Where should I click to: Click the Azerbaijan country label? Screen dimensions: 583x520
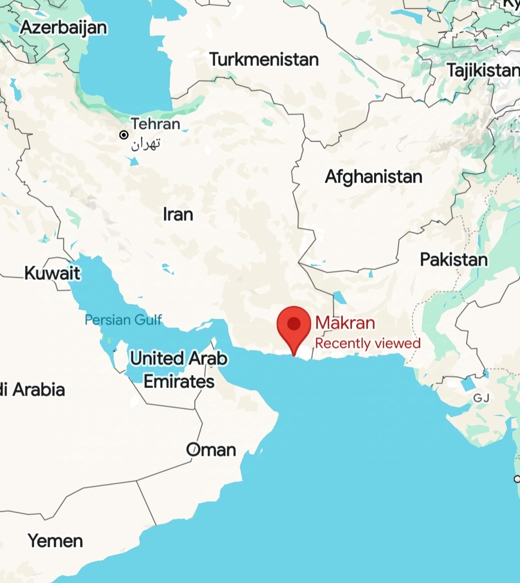(x=64, y=27)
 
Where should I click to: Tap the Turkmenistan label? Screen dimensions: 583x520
(x=264, y=60)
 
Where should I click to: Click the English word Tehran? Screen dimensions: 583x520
(x=156, y=124)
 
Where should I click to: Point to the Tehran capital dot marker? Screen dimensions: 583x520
(x=124, y=135)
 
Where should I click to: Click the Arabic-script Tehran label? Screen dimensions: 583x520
(x=145, y=143)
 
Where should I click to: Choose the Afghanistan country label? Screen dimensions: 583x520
(x=374, y=177)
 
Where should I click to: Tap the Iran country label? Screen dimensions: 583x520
(x=178, y=214)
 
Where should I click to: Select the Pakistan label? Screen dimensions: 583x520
(x=454, y=260)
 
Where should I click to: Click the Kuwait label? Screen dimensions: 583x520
(x=52, y=273)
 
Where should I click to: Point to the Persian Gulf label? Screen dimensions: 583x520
(x=123, y=320)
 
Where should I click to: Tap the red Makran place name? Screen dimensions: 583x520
(x=345, y=323)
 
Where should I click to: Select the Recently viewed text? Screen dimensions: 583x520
(x=368, y=343)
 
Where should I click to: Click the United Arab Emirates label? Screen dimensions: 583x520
(x=179, y=369)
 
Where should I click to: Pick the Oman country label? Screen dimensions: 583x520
(x=211, y=450)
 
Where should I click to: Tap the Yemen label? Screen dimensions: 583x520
(x=55, y=541)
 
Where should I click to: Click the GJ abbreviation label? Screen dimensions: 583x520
(x=481, y=398)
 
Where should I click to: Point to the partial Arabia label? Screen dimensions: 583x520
(x=33, y=389)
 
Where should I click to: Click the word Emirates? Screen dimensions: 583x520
(x=179, y=382)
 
